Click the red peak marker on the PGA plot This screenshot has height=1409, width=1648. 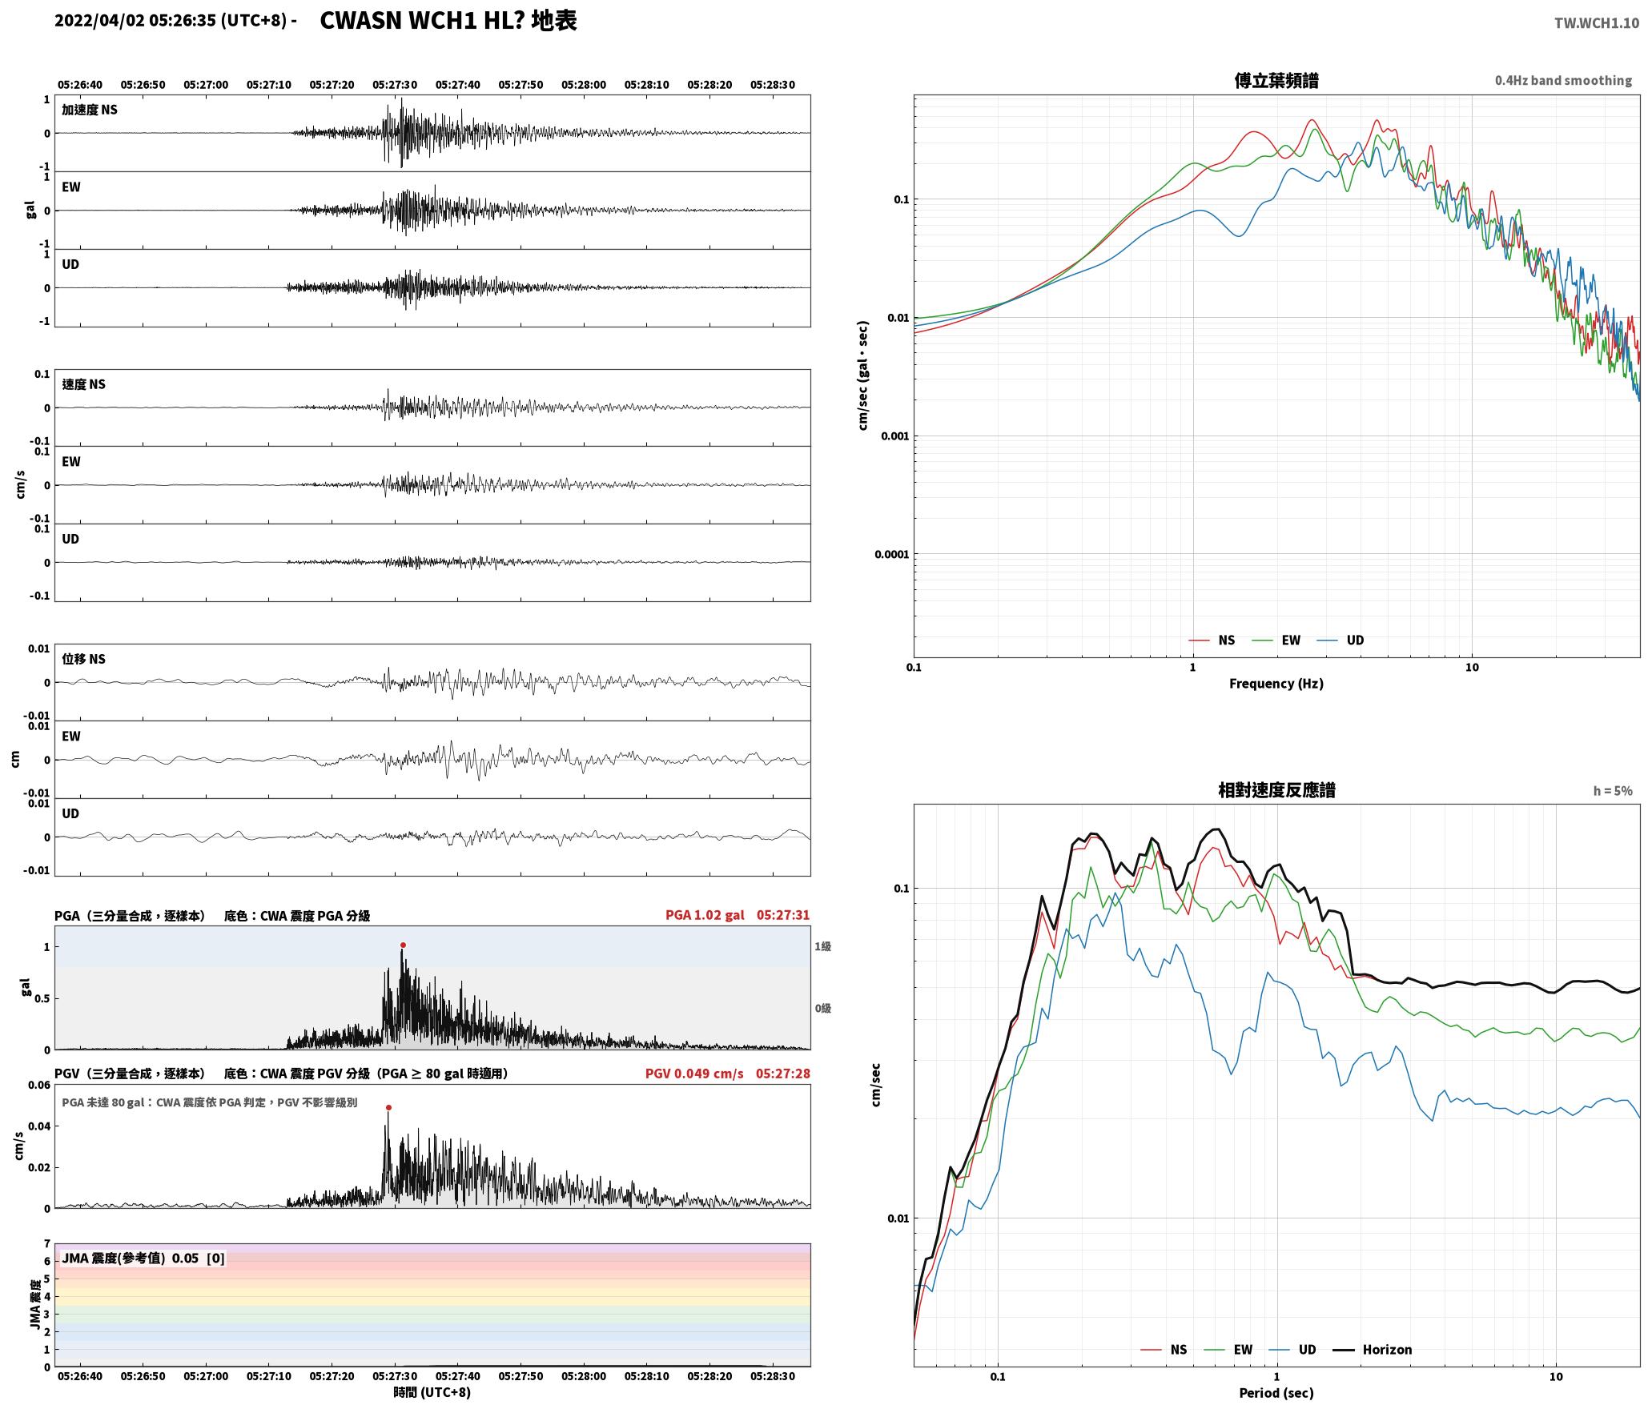[x=403, y=945]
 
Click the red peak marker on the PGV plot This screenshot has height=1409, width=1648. [x=388, y=1108]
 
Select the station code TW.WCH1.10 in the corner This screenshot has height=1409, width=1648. [x=1597, y=23]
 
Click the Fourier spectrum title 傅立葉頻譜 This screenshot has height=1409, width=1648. [x=1276, y=80]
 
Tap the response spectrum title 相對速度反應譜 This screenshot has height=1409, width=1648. [x=1276, y=790]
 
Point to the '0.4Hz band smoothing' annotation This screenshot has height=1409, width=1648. [x=1563, y=80]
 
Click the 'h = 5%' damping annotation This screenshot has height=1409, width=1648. [x=1613, y=791]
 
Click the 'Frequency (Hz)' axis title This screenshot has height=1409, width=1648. [x=1276, y=684]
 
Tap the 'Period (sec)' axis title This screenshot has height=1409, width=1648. [x=1276, y=1393]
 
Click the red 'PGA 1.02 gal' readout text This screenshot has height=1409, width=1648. [x=705, y=915]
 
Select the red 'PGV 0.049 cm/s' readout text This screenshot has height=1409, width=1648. [x=694, y=1074]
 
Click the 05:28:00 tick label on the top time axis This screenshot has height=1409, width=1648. [x=584, y=85]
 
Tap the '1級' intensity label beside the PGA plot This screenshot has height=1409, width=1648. [x=822, y=946]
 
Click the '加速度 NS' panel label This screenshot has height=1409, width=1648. [x=90, y=110]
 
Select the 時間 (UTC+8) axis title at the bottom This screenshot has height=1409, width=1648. [x=432, y=1392]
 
